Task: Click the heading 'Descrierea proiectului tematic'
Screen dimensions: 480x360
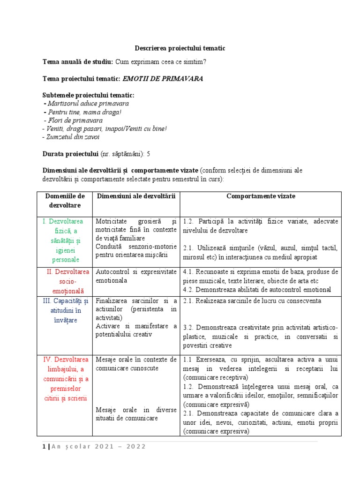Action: pyautogui.click(x=180, y=48)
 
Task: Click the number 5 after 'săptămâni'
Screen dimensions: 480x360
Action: pyautogui.click(x=149, y=154)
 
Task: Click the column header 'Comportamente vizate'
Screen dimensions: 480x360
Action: pyautogui.click(x=261, y=196)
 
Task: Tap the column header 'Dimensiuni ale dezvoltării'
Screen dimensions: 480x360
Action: pyautogui.click(x=136, y=196)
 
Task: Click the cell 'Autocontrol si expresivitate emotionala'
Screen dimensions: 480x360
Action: pyautogui.click(x=136, y=276)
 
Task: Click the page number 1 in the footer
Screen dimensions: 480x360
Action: pyautogui.click(x=44, y=446)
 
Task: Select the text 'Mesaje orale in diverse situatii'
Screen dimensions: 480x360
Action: pyautogui.click(x=136, y=413)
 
